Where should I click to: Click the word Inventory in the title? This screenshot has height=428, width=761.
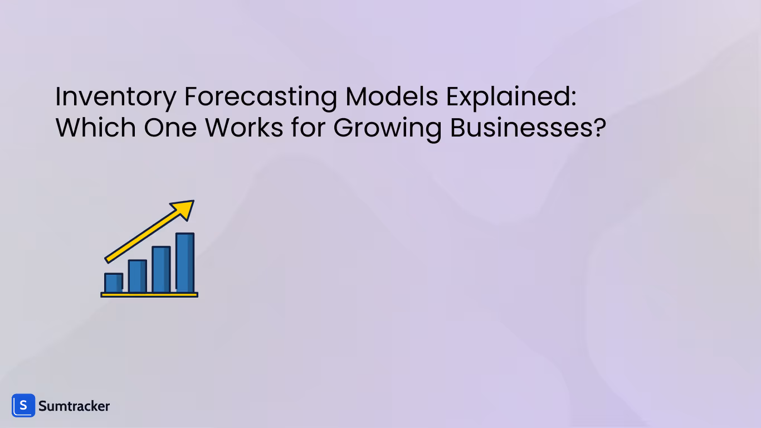tap(115, 98)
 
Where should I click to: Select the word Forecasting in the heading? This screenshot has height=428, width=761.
tap(260, 98)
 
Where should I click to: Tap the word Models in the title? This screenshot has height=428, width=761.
tap(392, 98)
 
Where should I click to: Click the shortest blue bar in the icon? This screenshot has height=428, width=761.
tap(114, 283)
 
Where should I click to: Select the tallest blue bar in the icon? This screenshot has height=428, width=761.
tap(185, 262)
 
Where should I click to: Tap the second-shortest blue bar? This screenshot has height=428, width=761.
tap(138, 276)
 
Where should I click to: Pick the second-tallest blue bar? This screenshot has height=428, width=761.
tap(161, 269)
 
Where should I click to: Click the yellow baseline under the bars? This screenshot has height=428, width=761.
tap(149, 294)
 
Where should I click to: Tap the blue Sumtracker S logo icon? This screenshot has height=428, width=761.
tap(23, 406)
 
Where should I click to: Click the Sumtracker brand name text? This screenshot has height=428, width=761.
tap(74, 406)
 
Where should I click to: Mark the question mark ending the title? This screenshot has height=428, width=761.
tap(599, 128)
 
